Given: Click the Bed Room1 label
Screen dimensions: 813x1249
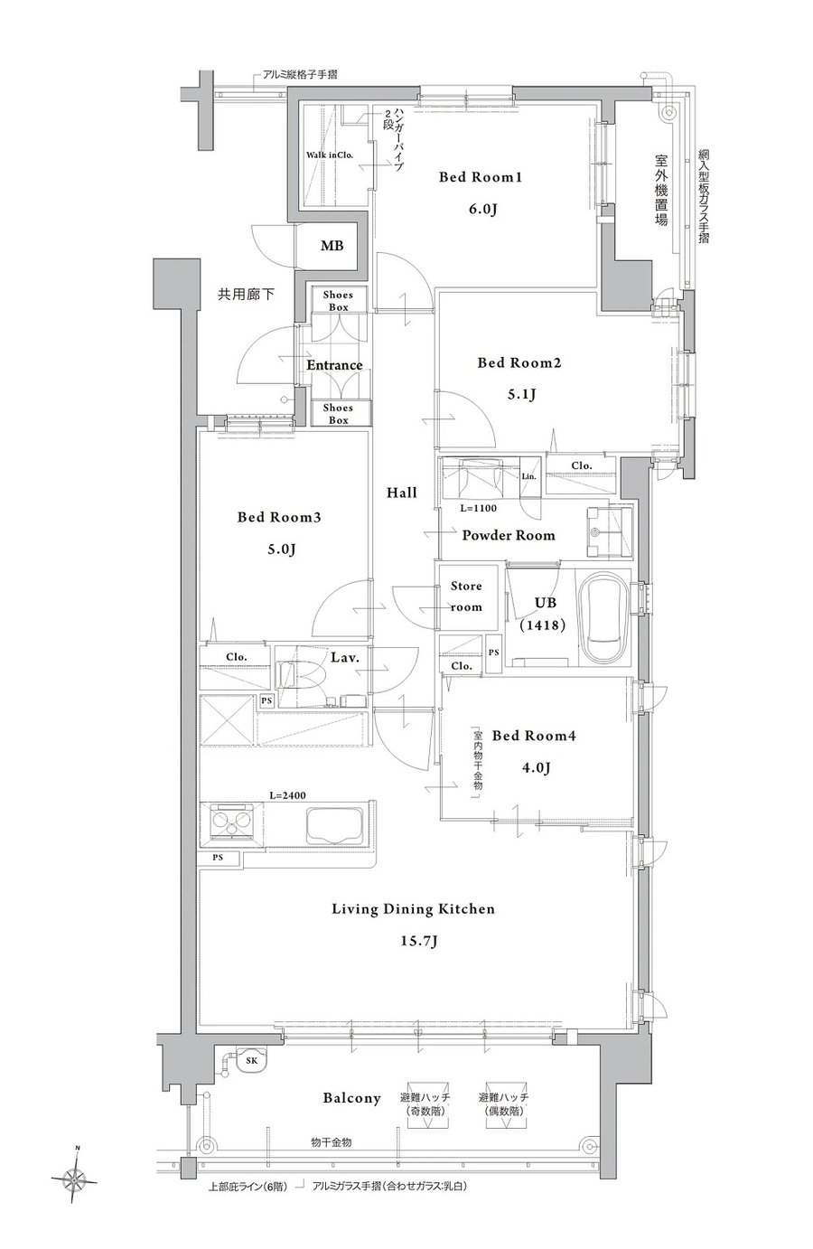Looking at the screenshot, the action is [x=480, y=177].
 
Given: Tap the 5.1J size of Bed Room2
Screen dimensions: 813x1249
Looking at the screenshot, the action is [x=521, y=395].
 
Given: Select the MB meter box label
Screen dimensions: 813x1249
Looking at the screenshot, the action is [x=332, y=245].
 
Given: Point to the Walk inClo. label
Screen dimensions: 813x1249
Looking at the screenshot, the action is [x=330, y=155].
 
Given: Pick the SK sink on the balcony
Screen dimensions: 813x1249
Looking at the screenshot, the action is [x=252, y=1060].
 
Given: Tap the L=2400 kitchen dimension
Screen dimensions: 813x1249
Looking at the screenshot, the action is [x=287, y=795].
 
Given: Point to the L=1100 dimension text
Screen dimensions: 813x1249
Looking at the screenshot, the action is [x=478, y=508].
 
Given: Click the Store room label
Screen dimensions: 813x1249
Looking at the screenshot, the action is [x=466, y=596].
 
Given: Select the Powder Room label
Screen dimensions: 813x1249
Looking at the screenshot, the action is [x=509, y=535].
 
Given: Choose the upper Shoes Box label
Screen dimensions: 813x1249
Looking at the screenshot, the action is [x=338, y=301].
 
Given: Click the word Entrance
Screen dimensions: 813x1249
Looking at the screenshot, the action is [x=334, y=365].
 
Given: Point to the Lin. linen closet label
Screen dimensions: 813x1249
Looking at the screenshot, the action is [x=528, y=477].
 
